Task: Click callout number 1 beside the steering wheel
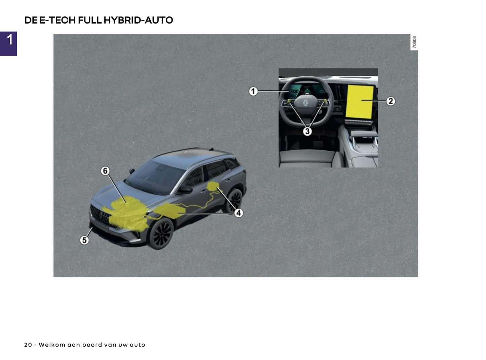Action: pos(253,91)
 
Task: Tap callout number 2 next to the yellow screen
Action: pos(390,101)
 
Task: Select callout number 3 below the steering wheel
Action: pos(307,131)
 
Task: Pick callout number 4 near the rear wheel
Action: pos(238,213)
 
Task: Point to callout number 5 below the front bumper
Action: pos(84,240)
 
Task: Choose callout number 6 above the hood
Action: pos(105,171)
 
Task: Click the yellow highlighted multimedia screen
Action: pos(360,102)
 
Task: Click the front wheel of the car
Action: pos(161,233)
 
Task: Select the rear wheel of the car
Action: pos(235,200)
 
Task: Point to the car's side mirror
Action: pos(185,189)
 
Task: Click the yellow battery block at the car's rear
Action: pos(213,186)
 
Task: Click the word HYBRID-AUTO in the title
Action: pos(138,20)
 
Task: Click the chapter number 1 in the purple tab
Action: pos(9,40)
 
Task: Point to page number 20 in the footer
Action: pos(28,345)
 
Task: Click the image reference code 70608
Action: pos(414,42)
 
